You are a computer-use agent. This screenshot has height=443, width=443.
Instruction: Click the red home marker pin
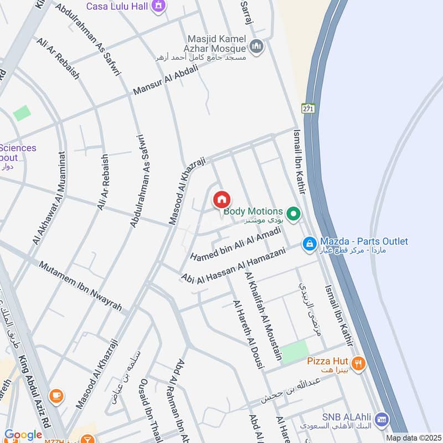pos(222,200)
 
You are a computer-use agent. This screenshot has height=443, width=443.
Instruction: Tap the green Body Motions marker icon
pos(294,213)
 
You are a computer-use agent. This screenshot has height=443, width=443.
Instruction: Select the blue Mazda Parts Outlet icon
pos(309,243)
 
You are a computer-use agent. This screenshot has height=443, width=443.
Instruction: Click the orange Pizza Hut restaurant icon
pos(358,363)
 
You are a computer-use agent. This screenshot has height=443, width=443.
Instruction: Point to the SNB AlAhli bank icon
pos(380,419)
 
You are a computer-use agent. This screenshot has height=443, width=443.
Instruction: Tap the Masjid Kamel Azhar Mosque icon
pos(256,47)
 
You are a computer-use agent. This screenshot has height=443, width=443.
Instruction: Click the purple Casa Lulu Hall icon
pos(159,6)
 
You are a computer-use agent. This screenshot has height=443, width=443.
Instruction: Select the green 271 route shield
pos(308,109)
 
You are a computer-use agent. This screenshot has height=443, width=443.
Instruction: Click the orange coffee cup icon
pos(56,395)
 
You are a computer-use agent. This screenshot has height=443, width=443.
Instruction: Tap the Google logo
pos(23,435)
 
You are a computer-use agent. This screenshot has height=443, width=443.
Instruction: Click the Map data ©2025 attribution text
pos(413,438)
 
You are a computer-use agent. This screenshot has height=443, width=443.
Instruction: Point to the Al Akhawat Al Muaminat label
pos(49,198)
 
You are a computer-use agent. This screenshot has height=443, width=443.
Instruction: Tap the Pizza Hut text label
pos(328,362)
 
